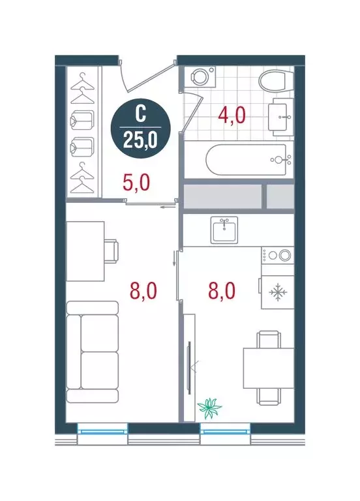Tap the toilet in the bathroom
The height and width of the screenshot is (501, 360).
272,83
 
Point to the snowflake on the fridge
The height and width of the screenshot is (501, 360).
278,293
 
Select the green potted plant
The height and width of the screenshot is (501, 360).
209,408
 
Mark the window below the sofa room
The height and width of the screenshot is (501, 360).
102,429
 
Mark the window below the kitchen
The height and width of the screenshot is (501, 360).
224,429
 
